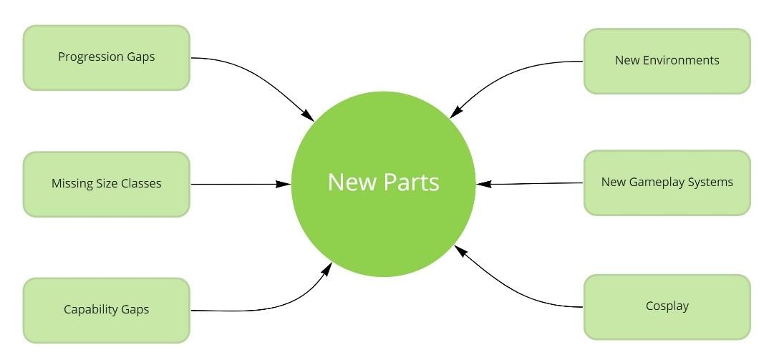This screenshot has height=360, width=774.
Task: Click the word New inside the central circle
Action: (x=351, y=182)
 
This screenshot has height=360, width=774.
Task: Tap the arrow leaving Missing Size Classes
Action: (x=240, y=184)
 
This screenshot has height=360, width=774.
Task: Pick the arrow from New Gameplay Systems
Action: (x=530, y=184)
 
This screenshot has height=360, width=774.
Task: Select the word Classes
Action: (x=139, y=183)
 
